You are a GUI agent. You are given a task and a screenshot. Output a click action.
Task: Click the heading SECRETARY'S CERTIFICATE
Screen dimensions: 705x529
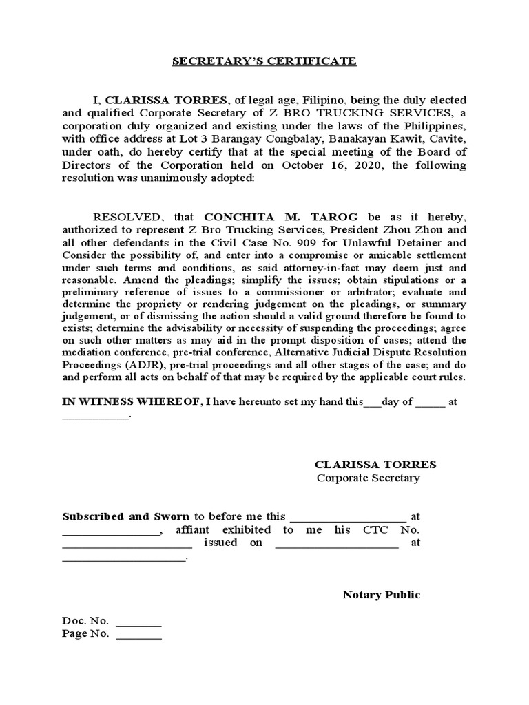[x=264, y=61]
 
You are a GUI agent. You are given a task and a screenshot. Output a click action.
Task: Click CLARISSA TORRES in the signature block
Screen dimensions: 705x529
[x=375, y=465]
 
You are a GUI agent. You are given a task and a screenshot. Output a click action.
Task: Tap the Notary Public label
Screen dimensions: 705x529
[x=381, y=595]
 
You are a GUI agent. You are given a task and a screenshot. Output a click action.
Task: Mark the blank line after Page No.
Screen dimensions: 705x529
[x=139, y=634]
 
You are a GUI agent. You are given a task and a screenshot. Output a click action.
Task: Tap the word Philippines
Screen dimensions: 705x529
[x=431, y=128]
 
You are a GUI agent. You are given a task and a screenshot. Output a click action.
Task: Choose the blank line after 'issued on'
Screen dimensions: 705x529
[x=337, y=543]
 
